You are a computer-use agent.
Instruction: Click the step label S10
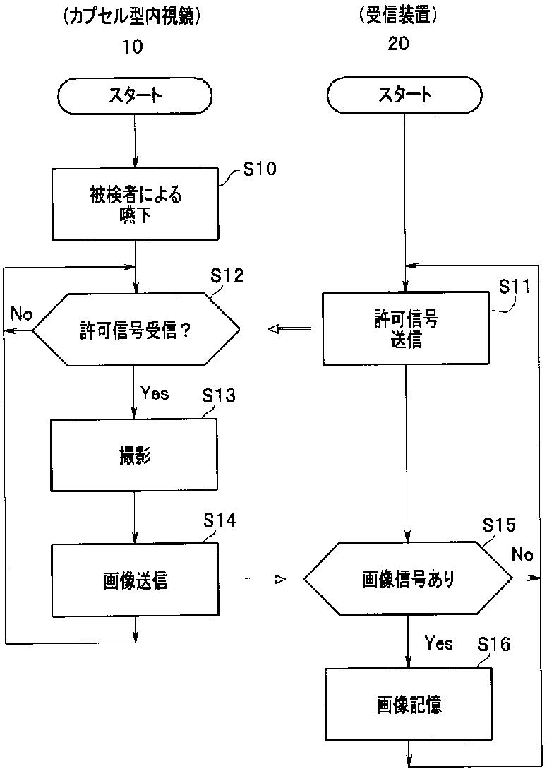click(x=260, y=169)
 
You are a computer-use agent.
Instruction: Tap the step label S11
click(x=514, y=286)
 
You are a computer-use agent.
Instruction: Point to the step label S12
click(x=227, y=275)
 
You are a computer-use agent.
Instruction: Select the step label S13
click(x=219, y=396)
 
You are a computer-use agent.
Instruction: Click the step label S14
click(x=220, y=520)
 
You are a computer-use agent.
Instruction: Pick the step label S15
click(x=499, y=525)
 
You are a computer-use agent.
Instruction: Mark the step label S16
click(x=493, y=645)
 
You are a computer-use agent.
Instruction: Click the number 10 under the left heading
click(x=132, y=47)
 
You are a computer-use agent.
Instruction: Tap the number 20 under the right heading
click(x=398, y=44)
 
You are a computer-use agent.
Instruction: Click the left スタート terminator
click(x=135, y=95)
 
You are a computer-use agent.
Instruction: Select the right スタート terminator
click(x=404, y=95)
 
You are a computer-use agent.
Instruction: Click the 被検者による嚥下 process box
click(x=135, y=204)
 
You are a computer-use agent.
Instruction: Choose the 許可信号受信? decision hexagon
click(x=136, y=330)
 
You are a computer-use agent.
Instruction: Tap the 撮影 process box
click(x=134, y=455)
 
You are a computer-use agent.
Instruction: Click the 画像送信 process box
click(x=135, y=580)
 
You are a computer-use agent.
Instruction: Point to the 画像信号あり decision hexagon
click(x=407, y=578)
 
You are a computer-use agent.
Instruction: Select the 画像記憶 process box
click(x=409, y=704)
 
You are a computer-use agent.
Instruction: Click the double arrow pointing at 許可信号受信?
click(x=289, y=328)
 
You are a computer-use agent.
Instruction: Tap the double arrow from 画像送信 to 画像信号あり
click(x=264, y=578)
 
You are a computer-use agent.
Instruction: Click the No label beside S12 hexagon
click(x=21, y=314)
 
